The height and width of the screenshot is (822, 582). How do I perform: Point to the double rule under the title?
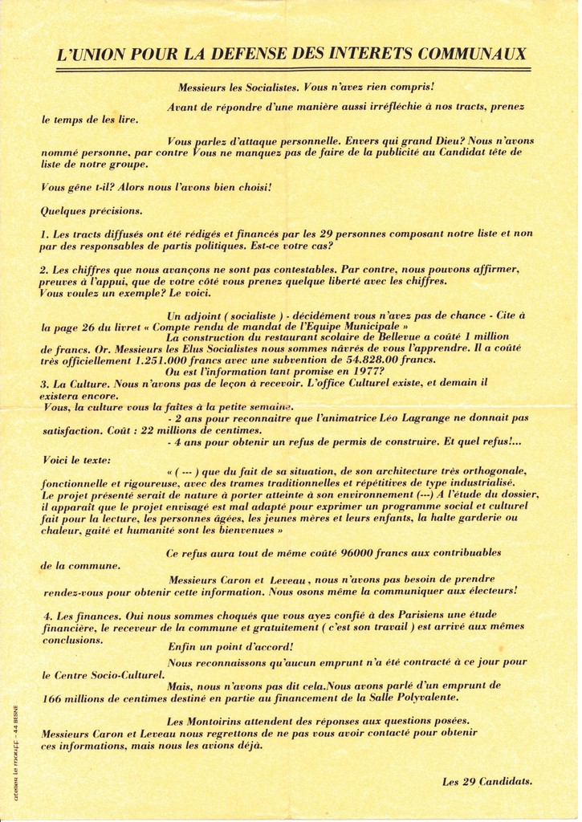[x=293, y=71]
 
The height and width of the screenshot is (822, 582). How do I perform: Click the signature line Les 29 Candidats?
[x=486, y=781]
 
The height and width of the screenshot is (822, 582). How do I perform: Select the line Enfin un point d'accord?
[x=230, y=647]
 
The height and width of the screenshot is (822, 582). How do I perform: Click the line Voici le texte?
[x=77, y=460]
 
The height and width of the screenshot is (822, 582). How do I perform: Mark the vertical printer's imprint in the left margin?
[x=15, y=752]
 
